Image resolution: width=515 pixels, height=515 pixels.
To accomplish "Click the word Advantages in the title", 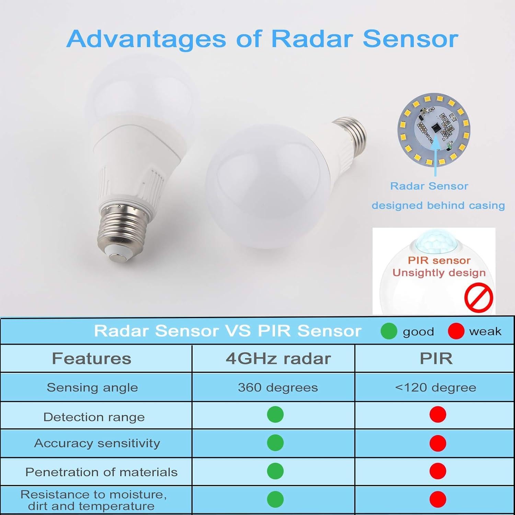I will click(x=146, y=39).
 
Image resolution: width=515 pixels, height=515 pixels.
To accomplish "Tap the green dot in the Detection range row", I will click(x=275, y=414).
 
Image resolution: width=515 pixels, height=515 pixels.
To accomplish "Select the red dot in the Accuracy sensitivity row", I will click(x=438, y=443).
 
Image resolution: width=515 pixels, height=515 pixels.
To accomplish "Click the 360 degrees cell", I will click(x=278, y=388).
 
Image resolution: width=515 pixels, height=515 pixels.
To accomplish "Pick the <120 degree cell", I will click(x=436, y=388).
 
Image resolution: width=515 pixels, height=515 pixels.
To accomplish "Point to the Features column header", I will click(x=92, y=359).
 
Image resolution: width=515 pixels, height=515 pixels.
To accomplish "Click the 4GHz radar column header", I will click(x=278, y=359).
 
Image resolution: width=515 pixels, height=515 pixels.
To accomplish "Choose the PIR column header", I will click(x=436, y=359).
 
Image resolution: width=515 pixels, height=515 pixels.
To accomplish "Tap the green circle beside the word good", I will click(x=389, y=331).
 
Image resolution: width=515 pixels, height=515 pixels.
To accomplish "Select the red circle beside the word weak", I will click(x=456, y=331).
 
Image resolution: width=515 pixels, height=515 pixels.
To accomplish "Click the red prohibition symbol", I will click(x=479, y=297).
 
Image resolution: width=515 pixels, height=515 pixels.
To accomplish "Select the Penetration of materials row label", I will click(x=102, y=472).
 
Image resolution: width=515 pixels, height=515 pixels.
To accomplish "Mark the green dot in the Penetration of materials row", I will click(x=275, y=471).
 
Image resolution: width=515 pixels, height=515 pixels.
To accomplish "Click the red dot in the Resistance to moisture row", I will click(x=438, y=499).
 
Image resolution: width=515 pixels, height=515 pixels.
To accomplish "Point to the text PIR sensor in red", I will click(x=439, y=260).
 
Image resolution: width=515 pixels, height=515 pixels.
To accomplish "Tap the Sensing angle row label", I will click(x=92, y=388).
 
